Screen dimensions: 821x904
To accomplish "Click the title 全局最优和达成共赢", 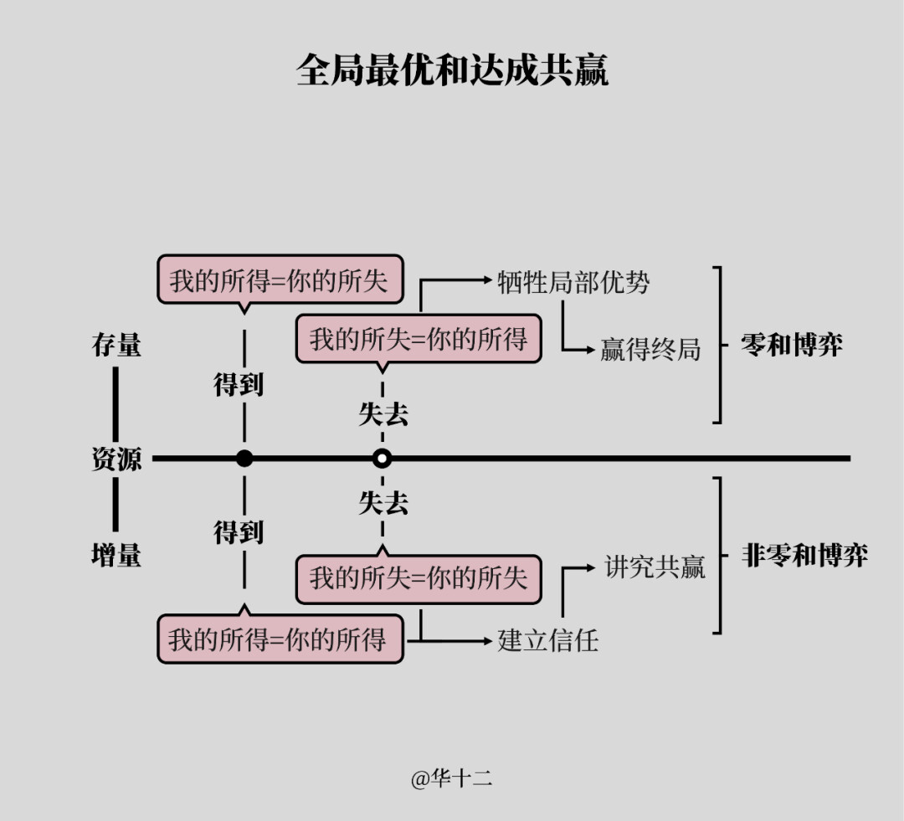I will click(x=452, y=70).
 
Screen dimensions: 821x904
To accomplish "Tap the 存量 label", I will click(x=116, y=345).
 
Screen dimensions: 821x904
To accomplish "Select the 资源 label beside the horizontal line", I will click(x=116, y=459).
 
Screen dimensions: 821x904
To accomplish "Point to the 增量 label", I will click(x=116, y=555).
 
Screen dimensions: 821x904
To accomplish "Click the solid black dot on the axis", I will click(x=244, y=459).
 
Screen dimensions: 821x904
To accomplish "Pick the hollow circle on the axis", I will click(x=383, y=459).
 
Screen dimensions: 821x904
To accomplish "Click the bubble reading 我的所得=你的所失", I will click(x=280, y=280).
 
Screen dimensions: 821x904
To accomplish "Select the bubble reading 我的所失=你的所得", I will click(x=419, y=339).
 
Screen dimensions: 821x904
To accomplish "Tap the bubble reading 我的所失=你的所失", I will click(x=419, y=577).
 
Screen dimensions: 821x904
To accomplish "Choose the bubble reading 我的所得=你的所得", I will click(x=280, y=639).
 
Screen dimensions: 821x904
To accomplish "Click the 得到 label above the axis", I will click(x=239, y=384).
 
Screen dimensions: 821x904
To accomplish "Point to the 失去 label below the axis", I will click(x=383, y=503).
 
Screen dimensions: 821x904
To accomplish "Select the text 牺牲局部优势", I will click(x=573, y=282).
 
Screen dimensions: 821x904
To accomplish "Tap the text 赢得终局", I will click(x=650, y=349).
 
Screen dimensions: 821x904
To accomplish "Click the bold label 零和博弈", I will click(x=792, y=345).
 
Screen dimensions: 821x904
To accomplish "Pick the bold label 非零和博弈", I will click(x=804, y=556).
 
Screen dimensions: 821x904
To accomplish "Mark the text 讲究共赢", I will click(x=655, y=567).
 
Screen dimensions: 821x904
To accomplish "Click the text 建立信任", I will click(x=548, y=640).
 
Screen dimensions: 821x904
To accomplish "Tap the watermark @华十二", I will click(x=451, y=779).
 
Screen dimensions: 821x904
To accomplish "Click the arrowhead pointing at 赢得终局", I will click(x=590, y=349).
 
